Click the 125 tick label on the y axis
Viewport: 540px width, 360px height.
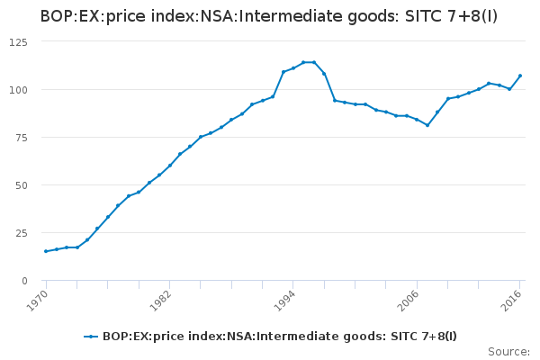[19, 42]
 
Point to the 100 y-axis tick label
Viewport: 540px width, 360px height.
[19, 90]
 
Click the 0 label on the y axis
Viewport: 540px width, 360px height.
[24, 281]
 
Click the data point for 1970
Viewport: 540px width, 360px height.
[46, 251]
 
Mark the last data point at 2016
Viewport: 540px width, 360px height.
[520, 76]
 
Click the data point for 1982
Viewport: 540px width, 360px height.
[170, 165]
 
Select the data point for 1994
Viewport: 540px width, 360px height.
[293, 68]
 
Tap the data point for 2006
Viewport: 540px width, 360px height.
[417, 120]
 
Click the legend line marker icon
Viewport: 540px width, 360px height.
[91, 337]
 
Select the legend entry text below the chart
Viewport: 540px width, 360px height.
[280, 337]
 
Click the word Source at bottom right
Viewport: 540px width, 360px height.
[508, 352]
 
